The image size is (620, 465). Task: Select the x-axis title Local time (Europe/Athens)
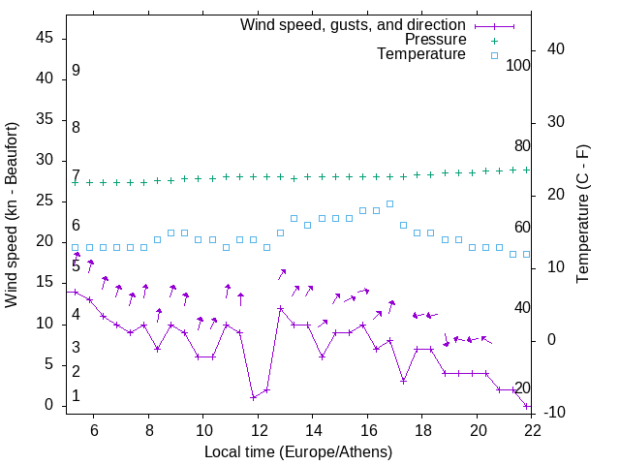(x=298, y=451)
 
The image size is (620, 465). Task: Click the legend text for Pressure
(x=435, y=40)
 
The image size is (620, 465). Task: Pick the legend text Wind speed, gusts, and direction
(x=353, y=25)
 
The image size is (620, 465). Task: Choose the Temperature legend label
(x=421, y=54)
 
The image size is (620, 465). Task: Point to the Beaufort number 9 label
(x=76, y=71)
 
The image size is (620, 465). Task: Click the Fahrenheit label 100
(x=518, y=65)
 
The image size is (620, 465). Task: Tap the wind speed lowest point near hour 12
(x=253, y=397)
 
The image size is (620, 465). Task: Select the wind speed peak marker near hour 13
(x=280, y=309)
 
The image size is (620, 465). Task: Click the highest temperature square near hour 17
(x=389, y=203)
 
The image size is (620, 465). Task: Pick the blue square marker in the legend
(x=494, y=55)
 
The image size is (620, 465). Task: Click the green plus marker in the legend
(x=494, y=41)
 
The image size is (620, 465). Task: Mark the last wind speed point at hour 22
(x=526, y=406)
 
